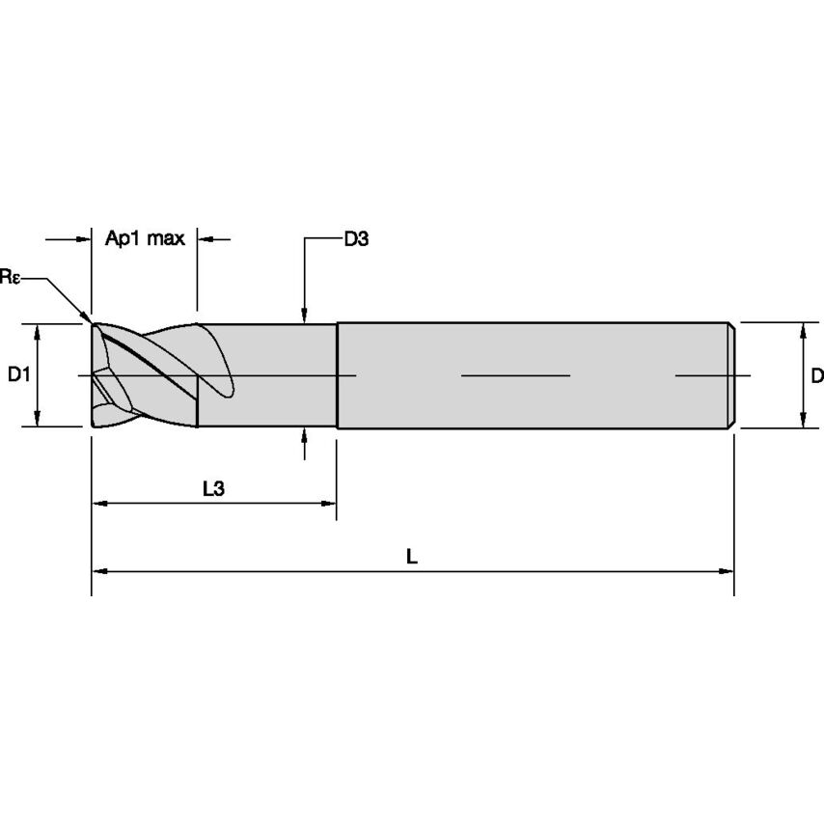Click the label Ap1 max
point(144,238)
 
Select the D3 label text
point(356,238)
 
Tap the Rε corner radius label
point(10,277)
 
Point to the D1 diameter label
point(17,374)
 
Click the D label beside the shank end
point(816,374)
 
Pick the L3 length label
point(213,489)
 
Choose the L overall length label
point(412,557)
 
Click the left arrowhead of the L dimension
point(98,571)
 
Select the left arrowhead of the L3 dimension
point(98,504)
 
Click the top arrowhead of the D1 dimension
point(37,330)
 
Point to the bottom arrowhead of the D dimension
point(803,420)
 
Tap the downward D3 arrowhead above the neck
point(304,316)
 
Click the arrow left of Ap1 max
point(83,238)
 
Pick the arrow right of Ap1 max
point(205,238)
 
